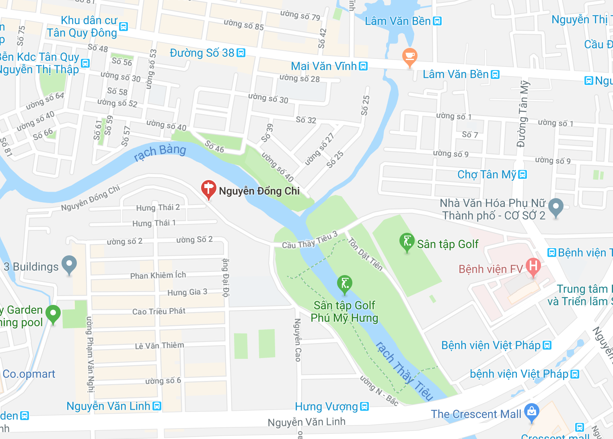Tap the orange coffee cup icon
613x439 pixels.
tap(409, 57)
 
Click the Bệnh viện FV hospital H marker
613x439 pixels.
tap(533, 267)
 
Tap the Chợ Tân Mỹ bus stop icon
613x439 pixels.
tap(522, 174)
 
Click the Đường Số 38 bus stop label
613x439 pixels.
tap(202, 53)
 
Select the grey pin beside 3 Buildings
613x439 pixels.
tap(69, 265)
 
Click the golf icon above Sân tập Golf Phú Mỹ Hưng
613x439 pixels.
tap(344, 284)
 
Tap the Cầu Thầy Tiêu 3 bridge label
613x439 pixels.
tap(309, 241)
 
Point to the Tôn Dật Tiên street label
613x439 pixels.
tap(365, 254)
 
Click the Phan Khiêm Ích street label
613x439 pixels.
tap(158, 275)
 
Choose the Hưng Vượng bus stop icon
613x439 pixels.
tap(364, 406)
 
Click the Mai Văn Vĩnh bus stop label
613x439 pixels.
tap(324, 66)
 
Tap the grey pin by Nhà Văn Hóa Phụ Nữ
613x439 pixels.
tap(555, 207)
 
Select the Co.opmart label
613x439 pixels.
tap(29, 374)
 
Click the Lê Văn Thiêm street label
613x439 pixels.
tap(159, 346)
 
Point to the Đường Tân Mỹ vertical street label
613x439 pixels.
tap(522, 114)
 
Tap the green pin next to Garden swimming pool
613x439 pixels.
tap(53, 314)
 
